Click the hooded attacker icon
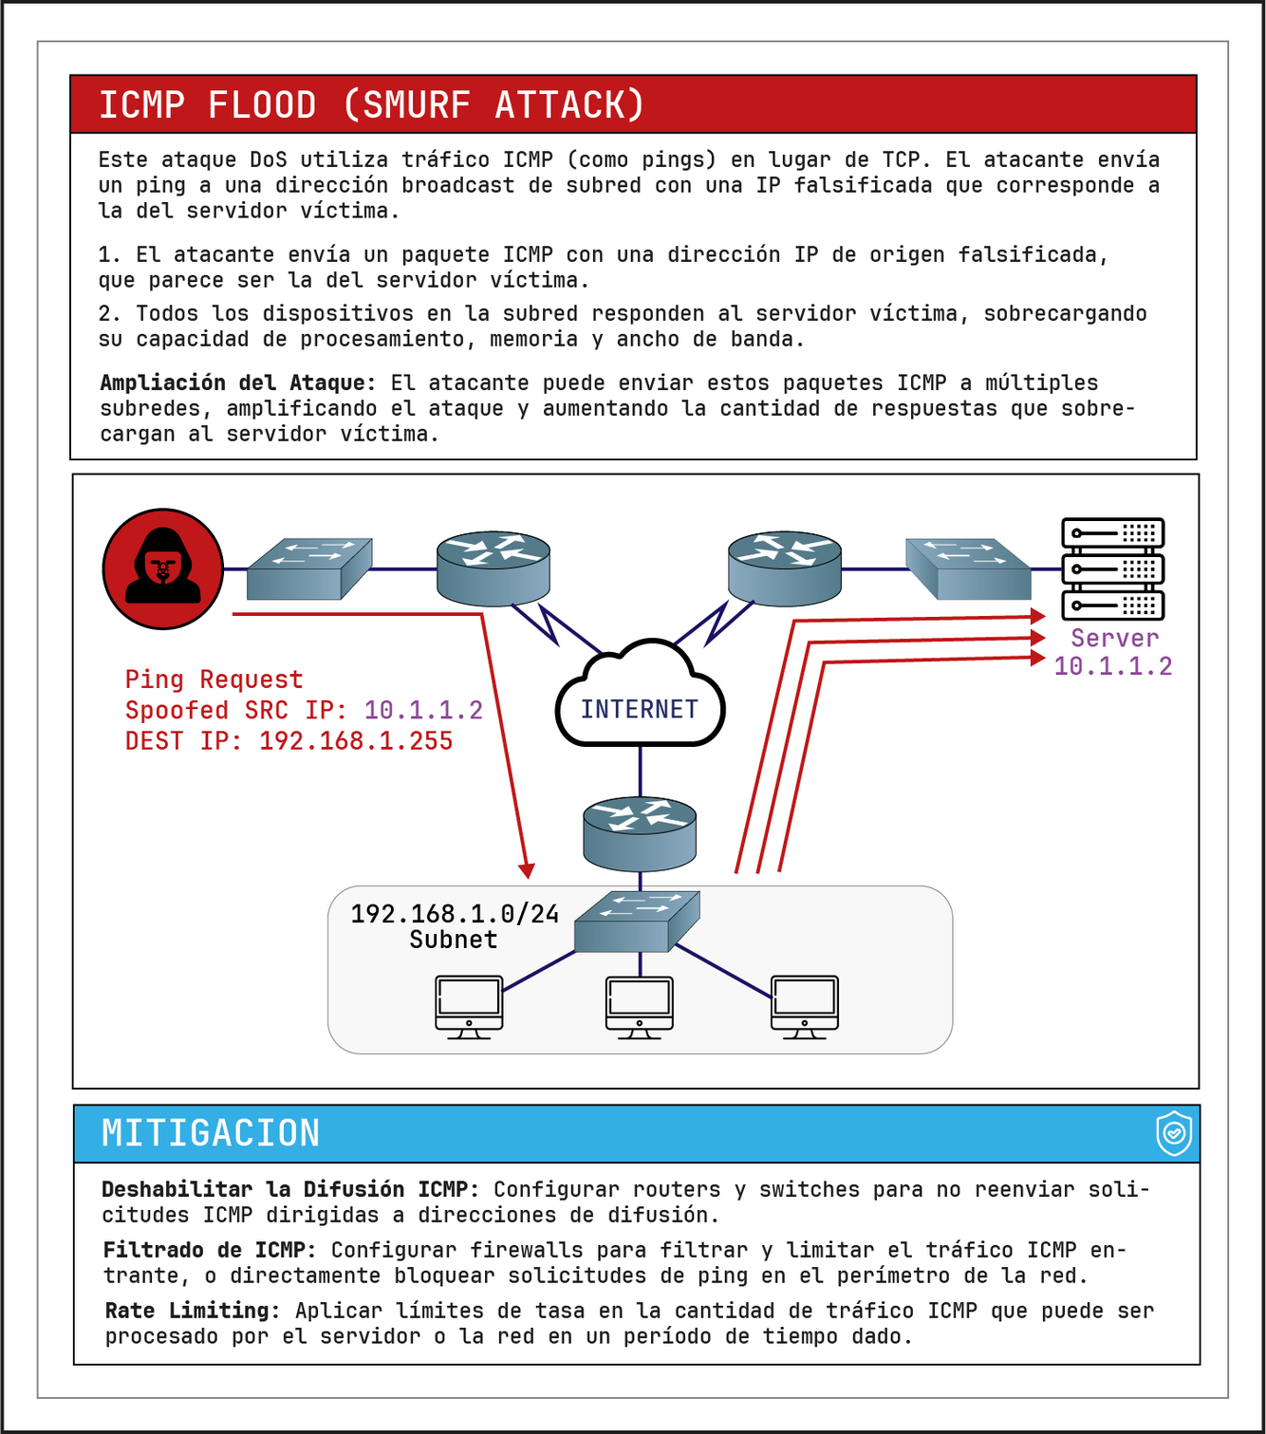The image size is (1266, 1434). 163,568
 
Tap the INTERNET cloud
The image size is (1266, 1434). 640,702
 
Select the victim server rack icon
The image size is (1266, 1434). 1112,568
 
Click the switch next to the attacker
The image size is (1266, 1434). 308,568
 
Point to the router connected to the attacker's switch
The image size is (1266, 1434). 493,568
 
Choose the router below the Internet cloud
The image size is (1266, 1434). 640,833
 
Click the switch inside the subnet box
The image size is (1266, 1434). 637,921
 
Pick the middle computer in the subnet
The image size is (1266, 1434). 640,1006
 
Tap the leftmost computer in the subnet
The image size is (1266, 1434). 469,1006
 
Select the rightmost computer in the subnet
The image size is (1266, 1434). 805,1006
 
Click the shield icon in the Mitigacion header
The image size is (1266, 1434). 1174,1133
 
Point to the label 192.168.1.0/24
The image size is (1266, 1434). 455,914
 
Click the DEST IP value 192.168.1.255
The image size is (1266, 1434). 356,741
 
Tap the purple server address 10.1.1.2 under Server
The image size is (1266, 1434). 1113,666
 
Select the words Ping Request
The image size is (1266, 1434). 214,680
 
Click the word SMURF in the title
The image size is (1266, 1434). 417,104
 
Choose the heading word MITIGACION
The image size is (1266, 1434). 211,1133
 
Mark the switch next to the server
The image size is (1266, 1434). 968,568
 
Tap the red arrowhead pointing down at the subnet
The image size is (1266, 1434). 527,870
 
